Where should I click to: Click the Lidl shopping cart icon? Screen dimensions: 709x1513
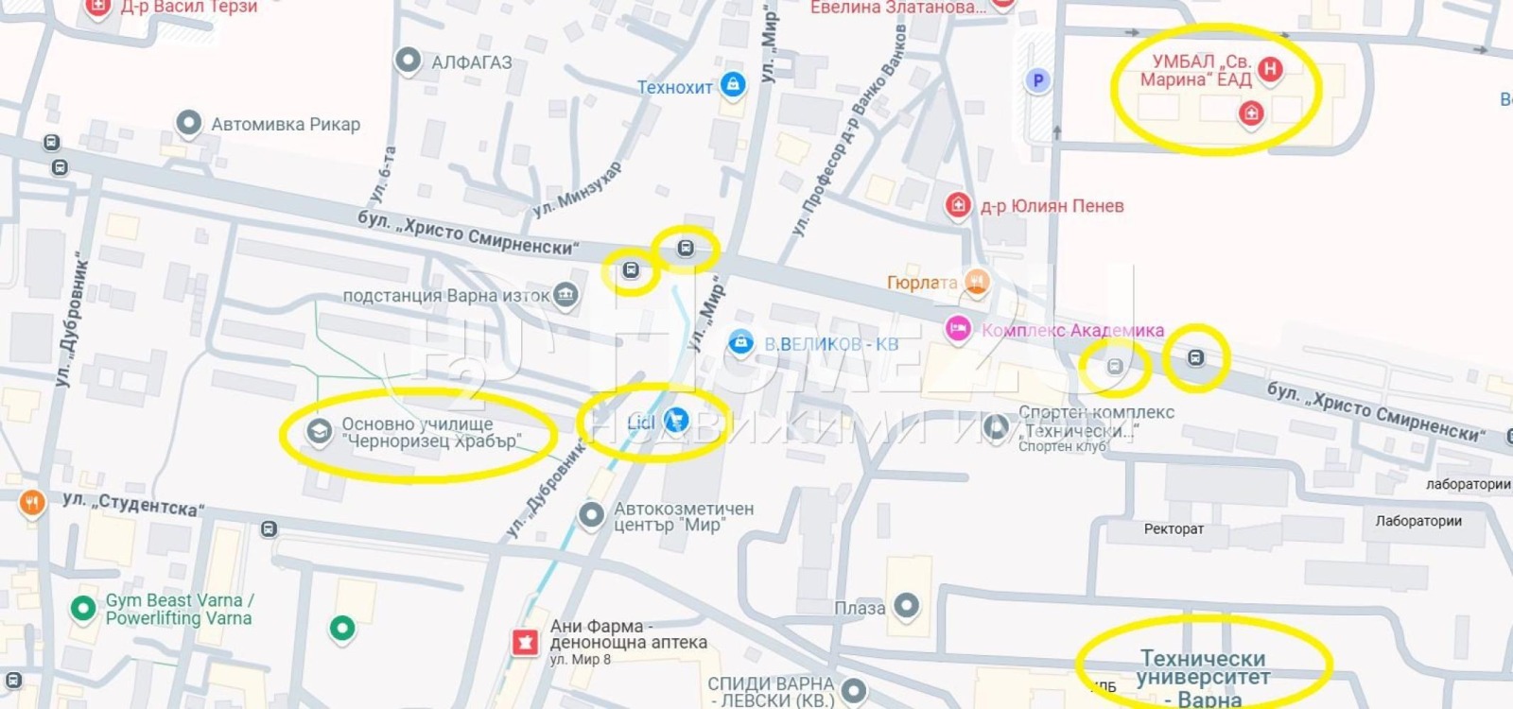click(675, 420)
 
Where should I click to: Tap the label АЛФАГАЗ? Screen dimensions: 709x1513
click(471, 63)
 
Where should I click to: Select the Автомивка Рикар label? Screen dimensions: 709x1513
click(286, 124)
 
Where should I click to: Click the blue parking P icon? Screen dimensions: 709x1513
click(1038, 80)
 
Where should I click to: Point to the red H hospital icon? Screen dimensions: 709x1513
click(1270, 68)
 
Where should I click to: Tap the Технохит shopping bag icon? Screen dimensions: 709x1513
click(732, 85)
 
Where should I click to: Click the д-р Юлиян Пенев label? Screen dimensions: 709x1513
click(1052, 206)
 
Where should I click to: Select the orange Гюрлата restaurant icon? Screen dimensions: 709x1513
click(976, 281)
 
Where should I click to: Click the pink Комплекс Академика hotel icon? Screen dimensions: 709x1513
click(958, 328)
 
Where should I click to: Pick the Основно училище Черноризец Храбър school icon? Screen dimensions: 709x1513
click(319, 432)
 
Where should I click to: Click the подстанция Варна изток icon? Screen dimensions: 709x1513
click(565, 295)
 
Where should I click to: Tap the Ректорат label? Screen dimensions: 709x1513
click(1174, 529)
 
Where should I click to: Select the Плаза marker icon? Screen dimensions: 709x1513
click(907, 605)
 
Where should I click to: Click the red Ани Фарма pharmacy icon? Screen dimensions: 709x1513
click(524, 643)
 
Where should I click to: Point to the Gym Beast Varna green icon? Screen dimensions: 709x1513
click(83, 608)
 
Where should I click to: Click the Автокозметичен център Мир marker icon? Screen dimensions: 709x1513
click(591, 515)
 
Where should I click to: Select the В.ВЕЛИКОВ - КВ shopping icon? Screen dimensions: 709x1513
click(740, 342)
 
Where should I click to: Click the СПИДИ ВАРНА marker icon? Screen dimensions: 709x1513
click(854, 690)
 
